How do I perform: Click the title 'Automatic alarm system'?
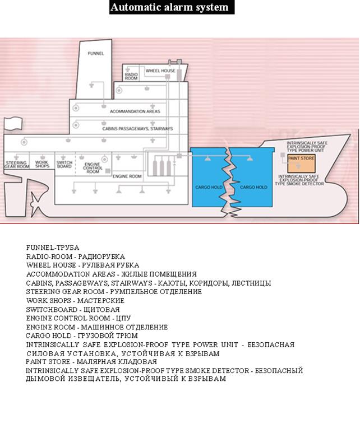coord(169,7)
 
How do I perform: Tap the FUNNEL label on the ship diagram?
coord(96,53)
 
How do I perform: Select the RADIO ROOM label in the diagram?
coord(131,76)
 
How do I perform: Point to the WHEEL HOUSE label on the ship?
coord(160,71)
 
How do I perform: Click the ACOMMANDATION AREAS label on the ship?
coord(135,111)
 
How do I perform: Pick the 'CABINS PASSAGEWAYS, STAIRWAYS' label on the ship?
coord(137,128)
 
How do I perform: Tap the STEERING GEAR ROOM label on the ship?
coord(17,165)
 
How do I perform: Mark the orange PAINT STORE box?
coord(301,163)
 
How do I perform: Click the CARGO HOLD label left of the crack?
coord(207,187)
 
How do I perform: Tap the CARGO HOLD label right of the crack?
coord(253,187)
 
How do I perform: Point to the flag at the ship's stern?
coord(11,124)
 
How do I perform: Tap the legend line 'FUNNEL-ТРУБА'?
coord(53,247)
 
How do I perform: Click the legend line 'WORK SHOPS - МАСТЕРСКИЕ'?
coord(75,301)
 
